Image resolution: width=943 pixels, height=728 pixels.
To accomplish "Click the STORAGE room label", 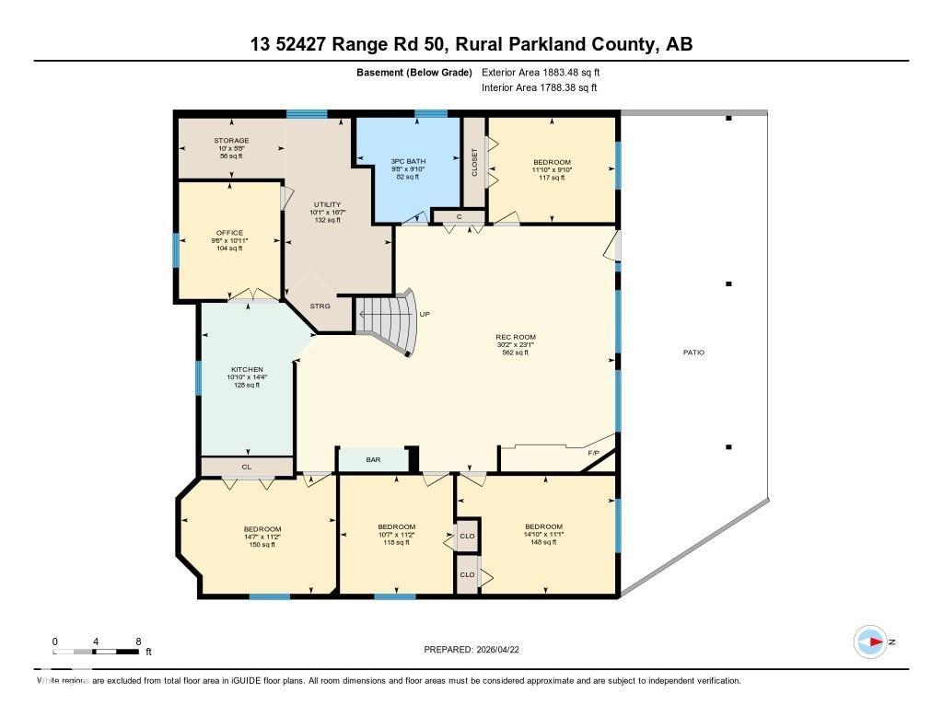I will pos(232,141).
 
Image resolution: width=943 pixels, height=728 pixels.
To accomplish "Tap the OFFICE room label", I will pos(229,233).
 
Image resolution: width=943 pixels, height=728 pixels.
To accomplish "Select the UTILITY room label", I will pos(327,204).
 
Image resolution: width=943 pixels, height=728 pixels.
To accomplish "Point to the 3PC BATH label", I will pos(407,161).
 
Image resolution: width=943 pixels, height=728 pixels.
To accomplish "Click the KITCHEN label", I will pos(247,370).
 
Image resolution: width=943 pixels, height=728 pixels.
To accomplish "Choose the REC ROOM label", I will pos(515,337).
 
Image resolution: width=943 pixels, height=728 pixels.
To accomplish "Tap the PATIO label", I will pos(693,352).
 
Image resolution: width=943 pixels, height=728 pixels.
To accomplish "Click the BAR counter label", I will pos(373,458).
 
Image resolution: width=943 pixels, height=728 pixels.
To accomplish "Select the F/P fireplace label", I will pos(594,453).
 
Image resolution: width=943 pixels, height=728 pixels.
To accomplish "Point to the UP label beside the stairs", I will pos(425,314).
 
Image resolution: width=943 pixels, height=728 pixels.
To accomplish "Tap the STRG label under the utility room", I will pos(320,306).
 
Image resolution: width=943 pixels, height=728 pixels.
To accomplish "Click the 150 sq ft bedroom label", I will pos(262,528).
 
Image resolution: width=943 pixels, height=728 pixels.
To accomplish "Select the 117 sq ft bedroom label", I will pos(552,162).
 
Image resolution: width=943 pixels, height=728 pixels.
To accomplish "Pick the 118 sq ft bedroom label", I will pos(396,526).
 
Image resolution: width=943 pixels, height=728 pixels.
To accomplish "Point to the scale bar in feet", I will pos(97,651).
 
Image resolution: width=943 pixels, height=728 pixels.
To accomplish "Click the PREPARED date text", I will pos(477,649).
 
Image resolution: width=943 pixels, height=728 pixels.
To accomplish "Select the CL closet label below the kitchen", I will pos(246,467).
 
